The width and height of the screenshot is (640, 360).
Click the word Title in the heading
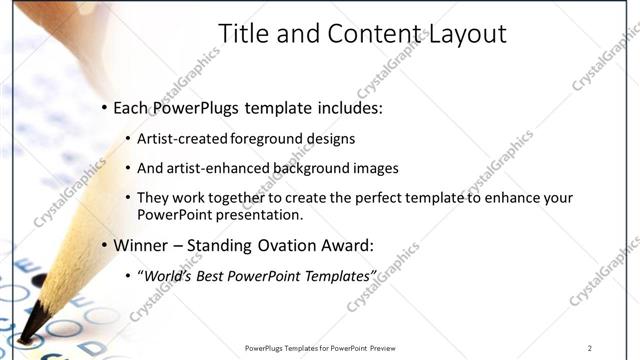click(244, 34)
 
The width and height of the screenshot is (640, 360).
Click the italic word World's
click(170, 275)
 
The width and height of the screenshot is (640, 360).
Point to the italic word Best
click(217, 275)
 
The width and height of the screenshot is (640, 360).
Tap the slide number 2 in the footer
click(590, 348)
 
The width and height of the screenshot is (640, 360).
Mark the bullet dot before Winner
click(104, 245)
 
